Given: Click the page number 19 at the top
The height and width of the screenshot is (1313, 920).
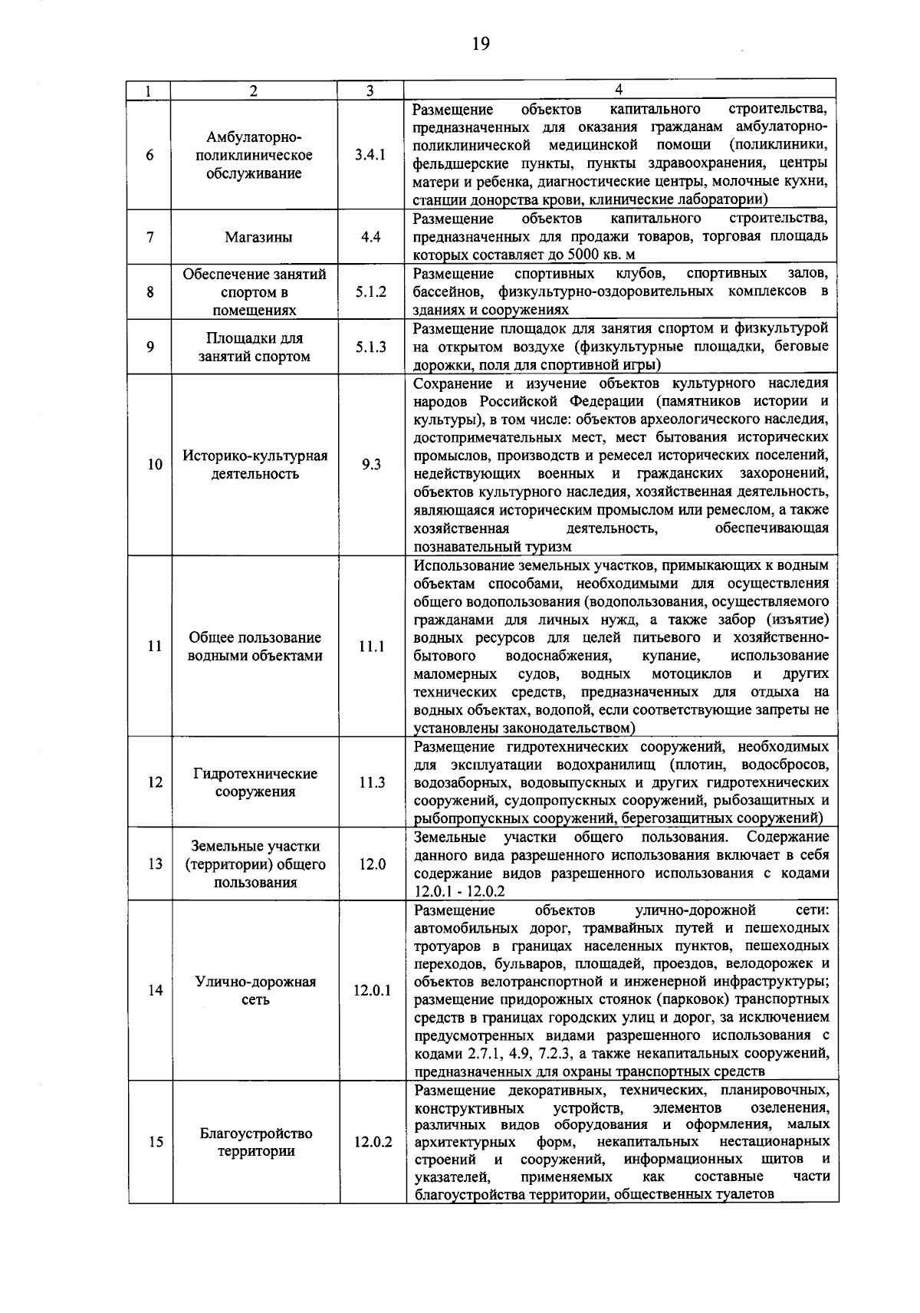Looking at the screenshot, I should pyautogui.click(x=480, y=44).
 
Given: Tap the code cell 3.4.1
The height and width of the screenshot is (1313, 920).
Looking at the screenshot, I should pyautogui.click(x=370, y=155).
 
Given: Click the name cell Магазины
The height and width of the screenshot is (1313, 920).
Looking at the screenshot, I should pyautogui.click(x=258, y=237).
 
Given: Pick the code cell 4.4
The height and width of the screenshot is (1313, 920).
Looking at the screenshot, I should pyautogui.click(x=370, y=237).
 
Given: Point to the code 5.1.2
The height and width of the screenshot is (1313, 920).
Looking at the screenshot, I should pyautogui.click(x=370, y=292).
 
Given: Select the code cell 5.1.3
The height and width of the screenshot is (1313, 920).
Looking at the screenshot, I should pyautogui.click(x=370, y=347).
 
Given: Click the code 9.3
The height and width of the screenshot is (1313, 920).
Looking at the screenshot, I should pyautogui.click(x=370, y=464).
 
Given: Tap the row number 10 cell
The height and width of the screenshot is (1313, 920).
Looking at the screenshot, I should pyautogui.click(x=154, y=464).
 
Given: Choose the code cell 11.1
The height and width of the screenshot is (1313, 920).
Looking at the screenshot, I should pyautogui.click(x=370, y=647).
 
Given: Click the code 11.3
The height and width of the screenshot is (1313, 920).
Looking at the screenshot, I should pyautogui.click(x=370, y=782).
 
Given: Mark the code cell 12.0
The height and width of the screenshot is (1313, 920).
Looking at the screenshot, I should pyautogui.click(x=370, y=864).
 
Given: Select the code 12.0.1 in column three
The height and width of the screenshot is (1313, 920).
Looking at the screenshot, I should pyautogui.click(x=372, y=990).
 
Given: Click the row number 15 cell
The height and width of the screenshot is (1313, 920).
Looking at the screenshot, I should pyautogui.click(x=154, y=1142).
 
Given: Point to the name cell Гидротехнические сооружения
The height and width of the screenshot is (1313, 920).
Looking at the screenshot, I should pyautogui.click(x=255, y=782).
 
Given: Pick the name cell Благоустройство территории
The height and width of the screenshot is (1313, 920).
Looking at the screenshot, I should pyautogui.click(x=255, y=1142).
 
